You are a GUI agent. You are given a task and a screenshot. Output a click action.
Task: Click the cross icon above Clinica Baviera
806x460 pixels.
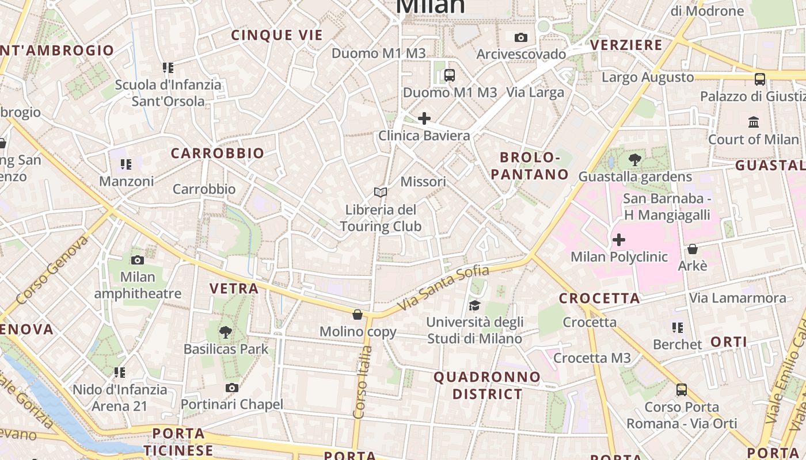424,119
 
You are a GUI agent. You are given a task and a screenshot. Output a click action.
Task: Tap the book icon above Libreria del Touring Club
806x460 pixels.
380,192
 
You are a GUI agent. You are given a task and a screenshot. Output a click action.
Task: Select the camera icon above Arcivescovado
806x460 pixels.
521,38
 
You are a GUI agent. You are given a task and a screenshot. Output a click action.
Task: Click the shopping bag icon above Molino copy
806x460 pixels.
358,315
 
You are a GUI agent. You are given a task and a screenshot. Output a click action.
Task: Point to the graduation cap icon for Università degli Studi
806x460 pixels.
474,305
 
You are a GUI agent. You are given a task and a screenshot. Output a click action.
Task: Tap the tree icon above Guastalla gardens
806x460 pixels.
635,160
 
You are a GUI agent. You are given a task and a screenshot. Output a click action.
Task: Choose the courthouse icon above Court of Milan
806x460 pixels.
754,122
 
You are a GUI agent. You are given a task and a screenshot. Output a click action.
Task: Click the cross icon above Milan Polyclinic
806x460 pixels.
619,239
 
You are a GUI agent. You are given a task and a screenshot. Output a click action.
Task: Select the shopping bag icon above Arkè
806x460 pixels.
693,249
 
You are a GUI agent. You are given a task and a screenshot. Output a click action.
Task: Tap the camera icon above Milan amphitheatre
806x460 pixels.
138,260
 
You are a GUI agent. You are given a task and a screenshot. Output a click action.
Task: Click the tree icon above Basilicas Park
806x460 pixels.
226,332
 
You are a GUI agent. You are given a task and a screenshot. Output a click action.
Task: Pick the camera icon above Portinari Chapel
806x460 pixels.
232,388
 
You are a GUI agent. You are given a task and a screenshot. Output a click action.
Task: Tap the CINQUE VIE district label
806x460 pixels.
277,35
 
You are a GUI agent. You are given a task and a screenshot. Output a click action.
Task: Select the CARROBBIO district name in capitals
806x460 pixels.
218,154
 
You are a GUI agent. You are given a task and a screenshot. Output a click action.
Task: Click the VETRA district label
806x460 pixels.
234,289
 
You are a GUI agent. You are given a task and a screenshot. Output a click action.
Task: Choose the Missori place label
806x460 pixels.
423,182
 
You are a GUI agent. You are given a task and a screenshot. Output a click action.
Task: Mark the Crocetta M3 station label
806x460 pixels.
592,358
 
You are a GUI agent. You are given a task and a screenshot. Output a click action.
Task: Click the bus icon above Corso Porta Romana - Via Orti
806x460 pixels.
682,390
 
